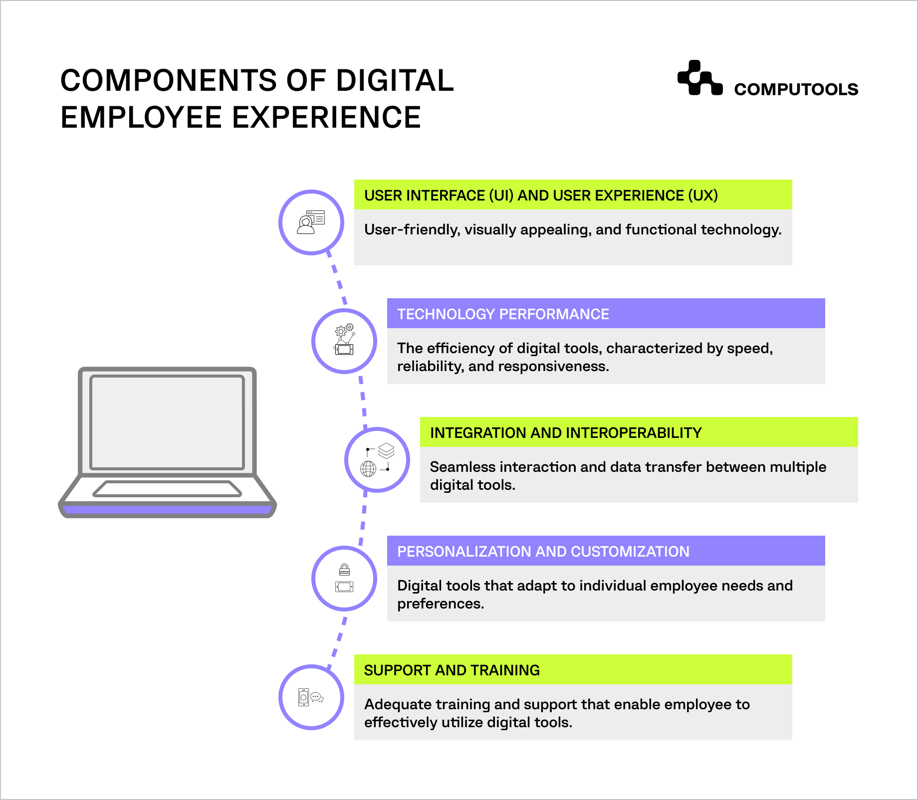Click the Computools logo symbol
coord(699,78)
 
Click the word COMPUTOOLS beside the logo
coord(796,89)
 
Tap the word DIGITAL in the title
coord(395,81)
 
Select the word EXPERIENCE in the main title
coord(327,118)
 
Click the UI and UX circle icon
coord(311,222)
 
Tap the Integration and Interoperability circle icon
coord(377,460)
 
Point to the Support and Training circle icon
coord(311,697)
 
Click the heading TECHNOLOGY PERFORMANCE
coord(503,314)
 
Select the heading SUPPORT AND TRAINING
coord(452,670)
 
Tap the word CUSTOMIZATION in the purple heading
coord(630,552)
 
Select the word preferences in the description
coord(440,604)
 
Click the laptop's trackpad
coord(167,489)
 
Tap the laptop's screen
coord(167,422)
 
